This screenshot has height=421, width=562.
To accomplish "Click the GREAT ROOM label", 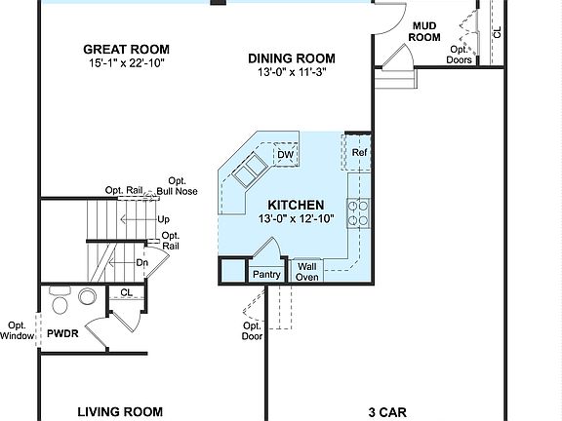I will [x=126, y=49].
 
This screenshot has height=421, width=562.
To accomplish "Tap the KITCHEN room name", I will [x=297, y=205].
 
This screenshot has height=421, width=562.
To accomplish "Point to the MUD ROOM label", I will [x=425, y=31].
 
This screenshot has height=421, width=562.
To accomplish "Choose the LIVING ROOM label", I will [x=119, y=412].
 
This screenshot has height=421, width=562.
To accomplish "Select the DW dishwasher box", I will [x=285, y=155].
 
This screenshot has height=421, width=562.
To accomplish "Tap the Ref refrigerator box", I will [x=359, y=154].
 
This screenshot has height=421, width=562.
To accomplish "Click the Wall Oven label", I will [x=307, y=271].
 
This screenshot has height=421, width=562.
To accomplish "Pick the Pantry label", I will [x=266, y=275].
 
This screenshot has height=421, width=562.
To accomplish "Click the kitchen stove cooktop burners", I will [x=357, y=212].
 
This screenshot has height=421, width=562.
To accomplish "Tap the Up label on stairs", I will [x=163, y=219].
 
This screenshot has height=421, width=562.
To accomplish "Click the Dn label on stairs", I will [x=141, y=262].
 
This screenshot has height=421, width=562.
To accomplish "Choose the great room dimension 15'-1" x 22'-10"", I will [x=126, y=64].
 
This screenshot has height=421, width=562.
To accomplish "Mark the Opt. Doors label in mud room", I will [x=460, y=55].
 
